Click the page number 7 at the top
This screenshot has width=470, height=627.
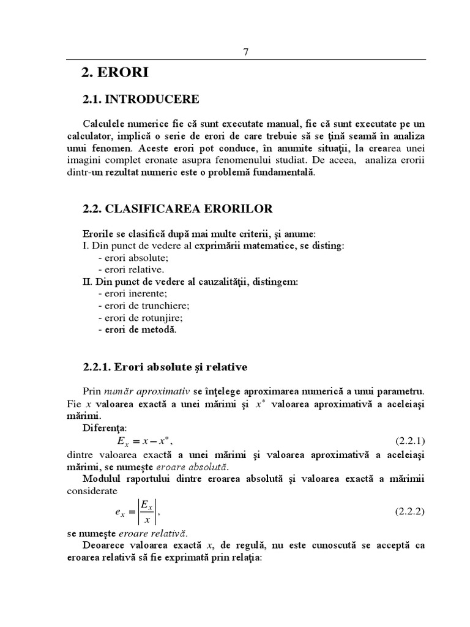(x=246, y=52)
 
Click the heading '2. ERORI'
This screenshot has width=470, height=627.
(x=114, y=73)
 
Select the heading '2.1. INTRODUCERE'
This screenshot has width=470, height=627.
(x=141, y=99)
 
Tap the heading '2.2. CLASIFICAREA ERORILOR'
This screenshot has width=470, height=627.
(x=177, y=209)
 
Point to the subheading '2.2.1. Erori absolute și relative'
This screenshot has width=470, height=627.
(x=165, y=367)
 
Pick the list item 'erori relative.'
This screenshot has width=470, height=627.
(x=130, y=269)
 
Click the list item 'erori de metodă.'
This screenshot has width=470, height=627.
(x=136, y=330)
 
